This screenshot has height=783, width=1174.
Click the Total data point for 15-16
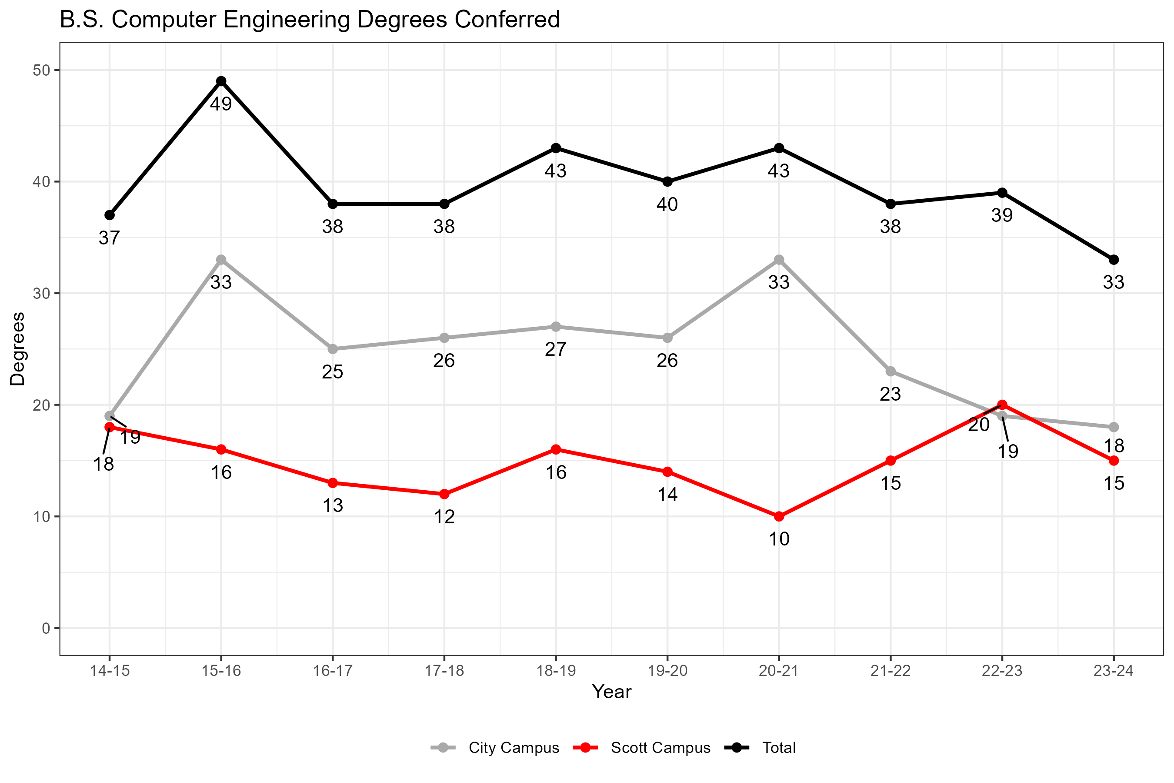pyautogui.click(x=221, y=81)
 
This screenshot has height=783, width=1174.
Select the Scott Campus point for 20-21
pyautogui.click(x=779, y=516)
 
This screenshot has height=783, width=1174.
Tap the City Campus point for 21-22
pyautogui.click(x=891, y=371)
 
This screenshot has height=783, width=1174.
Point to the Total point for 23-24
pyautogui.click(x=1114, y=260)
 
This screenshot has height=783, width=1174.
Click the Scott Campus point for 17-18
pyautogui.click(x=444, y=494)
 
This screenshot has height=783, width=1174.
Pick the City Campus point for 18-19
pyautogui.click(x=556, y=327)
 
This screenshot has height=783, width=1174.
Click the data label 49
pyautogui.click(x=221, y=104)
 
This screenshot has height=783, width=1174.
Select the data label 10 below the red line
pyautogui.click(x=779, y=539)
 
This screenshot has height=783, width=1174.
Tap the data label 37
pyautogui.click(x=109, y=238)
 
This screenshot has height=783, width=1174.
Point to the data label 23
pyautogui.click(x=891, y=394)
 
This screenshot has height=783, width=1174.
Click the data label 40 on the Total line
pyautogui.click(x=667, y=204)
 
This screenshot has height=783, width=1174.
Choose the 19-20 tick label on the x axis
pyautogui.click(x=667, y=671)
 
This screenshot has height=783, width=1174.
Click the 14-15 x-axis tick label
pyautogui.click(x=109, y=671)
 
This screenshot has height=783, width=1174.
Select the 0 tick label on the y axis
pyautogui.click(x=46, y=628)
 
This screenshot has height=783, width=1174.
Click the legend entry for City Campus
pyautogui.click(x=513, y=747)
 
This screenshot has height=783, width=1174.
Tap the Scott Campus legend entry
pyautogui.click(x=660, y=747)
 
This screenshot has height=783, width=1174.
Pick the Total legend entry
pyautogui.click(x=779, y=747)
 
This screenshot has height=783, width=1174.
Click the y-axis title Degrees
pyautogui.click(x=18, y=348)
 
